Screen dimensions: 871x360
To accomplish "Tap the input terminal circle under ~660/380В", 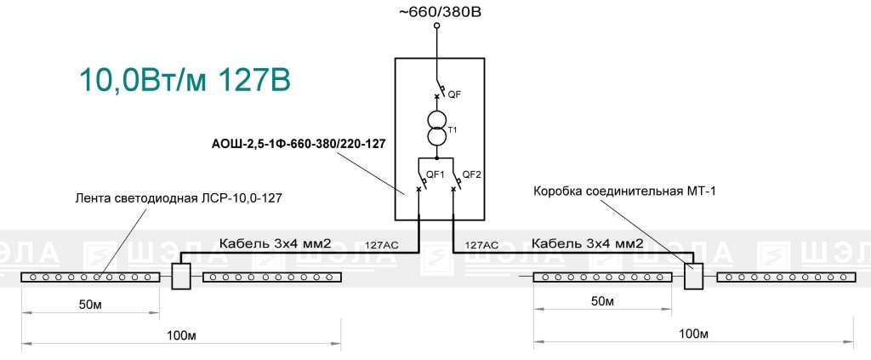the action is [436, 26].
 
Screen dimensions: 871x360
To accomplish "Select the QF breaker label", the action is [454, 94].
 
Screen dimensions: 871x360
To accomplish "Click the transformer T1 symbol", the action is [436, 129].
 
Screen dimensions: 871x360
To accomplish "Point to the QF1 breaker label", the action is [435, 174].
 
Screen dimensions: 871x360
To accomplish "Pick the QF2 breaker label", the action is [471, 174].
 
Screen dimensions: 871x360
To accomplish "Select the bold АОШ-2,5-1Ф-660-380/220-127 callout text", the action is [299, 144].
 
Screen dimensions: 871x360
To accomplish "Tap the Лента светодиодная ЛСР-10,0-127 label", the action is [179, 197].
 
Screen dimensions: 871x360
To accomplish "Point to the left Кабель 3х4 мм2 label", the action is [276, 243].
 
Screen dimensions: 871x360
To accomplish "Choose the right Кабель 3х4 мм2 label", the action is [588, 243].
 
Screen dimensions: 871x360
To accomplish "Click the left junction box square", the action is [181, 276].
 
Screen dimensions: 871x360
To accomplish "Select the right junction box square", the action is [693, 276].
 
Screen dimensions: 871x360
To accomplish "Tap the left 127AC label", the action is [382, 244].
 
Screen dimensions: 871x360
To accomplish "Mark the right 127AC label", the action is [481, 244].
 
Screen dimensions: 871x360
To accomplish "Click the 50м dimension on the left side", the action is [91, 305].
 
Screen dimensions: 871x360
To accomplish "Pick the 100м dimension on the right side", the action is [693, 334].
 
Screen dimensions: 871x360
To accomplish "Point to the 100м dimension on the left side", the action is [182, 335].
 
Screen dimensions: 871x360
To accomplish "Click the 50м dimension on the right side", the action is [602, 301].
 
